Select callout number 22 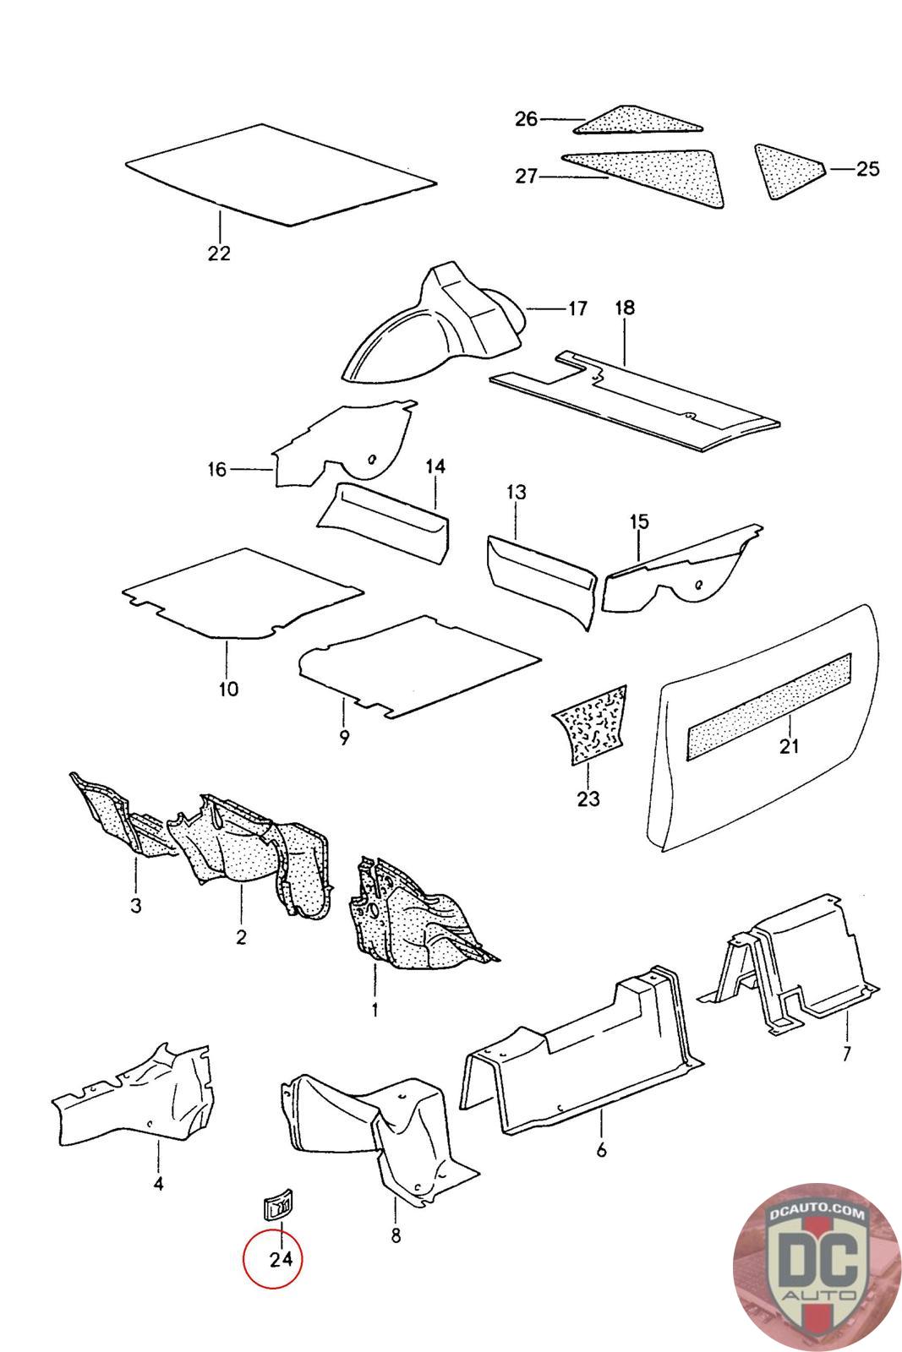219,253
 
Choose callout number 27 526,177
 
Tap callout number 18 624,308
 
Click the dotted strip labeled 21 771,693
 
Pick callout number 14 435,466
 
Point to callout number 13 516,492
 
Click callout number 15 638,522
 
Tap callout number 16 217,469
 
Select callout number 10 228,689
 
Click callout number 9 344,738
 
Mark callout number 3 136,907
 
